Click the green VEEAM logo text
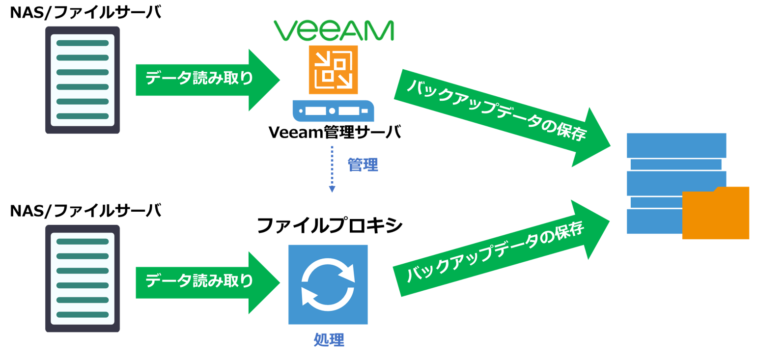(334, 30)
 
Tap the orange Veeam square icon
(333, 69)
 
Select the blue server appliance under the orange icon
(333, 111)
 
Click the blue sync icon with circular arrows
(328, 284)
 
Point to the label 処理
(329, 340)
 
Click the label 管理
(363, 165)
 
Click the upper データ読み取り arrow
(206, 79)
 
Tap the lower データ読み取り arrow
(206, 282)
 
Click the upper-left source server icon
(83, 80)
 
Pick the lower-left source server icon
(83, 278)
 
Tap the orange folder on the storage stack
(716, 214)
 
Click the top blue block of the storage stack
(676, 145)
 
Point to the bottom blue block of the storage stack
(653, 222)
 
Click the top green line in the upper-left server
(83, 43)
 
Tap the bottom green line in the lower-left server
(83, 314)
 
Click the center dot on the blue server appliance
(332, 111)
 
